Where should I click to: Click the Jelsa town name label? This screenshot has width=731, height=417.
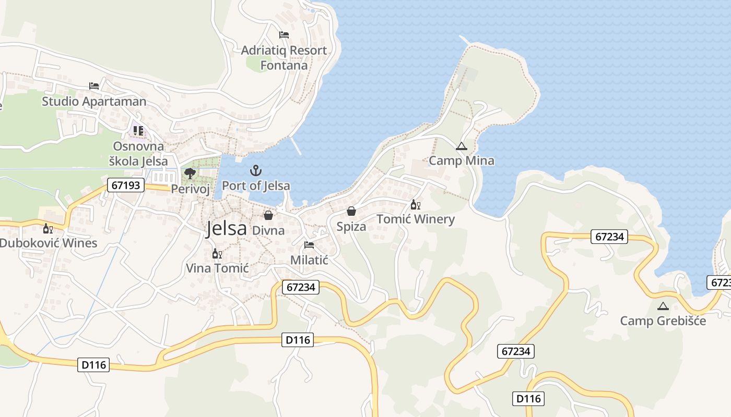point(226,228)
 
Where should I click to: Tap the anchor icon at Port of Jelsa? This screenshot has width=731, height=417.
point(255,170)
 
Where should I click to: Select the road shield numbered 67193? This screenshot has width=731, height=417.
point(126,185)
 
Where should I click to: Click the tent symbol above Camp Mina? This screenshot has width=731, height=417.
point(461,146)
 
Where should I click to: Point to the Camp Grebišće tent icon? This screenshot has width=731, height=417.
point(663,306)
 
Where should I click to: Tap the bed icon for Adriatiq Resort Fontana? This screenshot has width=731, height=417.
point(284,35)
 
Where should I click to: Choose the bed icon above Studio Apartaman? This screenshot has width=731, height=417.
point(94,86)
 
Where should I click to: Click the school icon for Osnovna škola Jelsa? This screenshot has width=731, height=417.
point(138,130)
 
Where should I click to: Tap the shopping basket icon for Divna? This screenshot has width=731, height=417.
point(268,215)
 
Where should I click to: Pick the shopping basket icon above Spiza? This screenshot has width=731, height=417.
point(351,211)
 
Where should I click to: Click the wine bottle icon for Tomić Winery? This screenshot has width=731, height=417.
point(415,204)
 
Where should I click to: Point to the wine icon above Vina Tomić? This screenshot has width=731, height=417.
point(217,254)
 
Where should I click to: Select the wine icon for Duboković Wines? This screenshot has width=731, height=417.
point(48,228)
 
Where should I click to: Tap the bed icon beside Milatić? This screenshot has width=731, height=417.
point(309,244)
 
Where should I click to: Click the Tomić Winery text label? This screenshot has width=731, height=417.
point(416,219)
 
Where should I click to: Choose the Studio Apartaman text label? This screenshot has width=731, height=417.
point(94,101)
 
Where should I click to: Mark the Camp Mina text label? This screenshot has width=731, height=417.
point(462,161)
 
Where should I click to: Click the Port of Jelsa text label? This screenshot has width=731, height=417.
point(256,186)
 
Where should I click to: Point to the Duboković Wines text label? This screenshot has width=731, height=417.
point(48,243)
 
